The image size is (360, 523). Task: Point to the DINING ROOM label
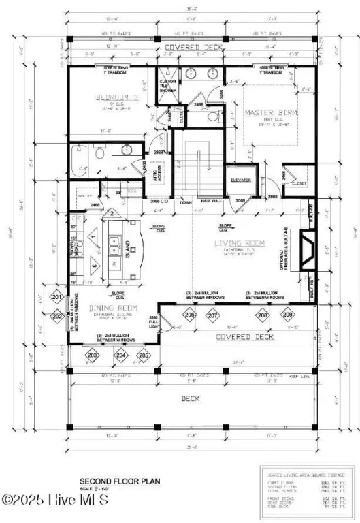click(x=113, y=308)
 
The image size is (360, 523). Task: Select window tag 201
click(x=57, y=298)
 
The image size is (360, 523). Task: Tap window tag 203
click(x=93, y=355)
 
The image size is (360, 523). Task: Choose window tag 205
click(x=144, y=355)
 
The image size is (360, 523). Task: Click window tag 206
click(x=190, y=315)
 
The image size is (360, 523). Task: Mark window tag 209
click(x=287, y=315)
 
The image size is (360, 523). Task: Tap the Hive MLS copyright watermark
click(x=56, y=501)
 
